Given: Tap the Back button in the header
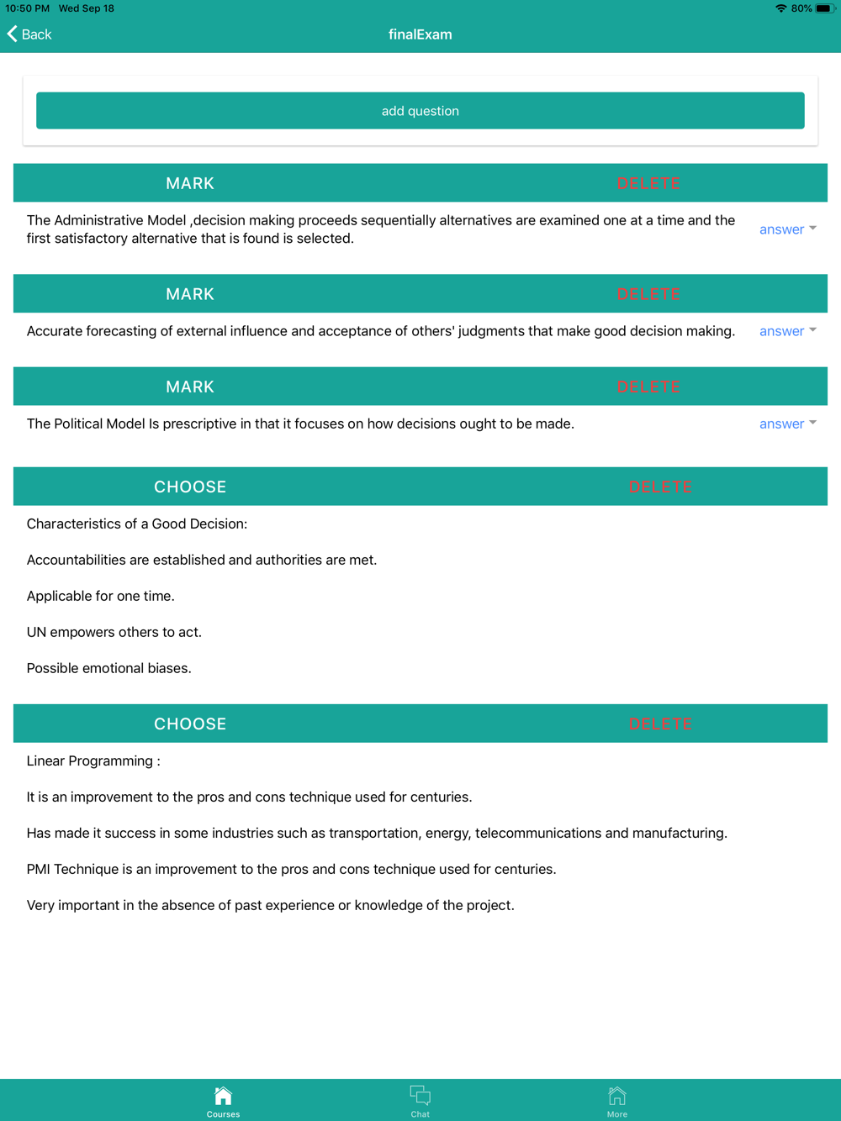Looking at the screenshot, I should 30,34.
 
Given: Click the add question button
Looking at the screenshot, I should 420,111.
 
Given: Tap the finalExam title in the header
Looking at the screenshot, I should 420,34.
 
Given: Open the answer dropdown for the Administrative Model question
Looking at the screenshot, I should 787,229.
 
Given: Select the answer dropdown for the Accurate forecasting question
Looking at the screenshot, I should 787,331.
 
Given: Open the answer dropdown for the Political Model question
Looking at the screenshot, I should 787,424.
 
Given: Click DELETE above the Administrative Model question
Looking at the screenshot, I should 648,184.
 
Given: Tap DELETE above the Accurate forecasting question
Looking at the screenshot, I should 648,295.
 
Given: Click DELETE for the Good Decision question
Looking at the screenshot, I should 660,487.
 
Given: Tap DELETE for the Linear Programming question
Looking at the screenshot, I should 660,724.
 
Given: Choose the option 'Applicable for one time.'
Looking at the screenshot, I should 101,597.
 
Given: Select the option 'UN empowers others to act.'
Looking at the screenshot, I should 114,633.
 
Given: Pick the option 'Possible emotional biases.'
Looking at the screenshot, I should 109,669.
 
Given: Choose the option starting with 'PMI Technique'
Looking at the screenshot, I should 291,870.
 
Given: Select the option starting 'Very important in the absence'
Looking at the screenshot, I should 270,906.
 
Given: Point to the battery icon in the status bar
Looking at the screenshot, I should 824,8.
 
